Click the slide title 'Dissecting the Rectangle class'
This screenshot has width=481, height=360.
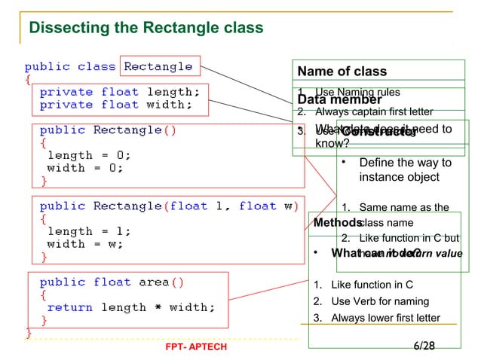click(146, 29)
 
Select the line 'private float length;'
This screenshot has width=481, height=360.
click(120, 92)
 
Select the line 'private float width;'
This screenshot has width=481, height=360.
click(116, 105)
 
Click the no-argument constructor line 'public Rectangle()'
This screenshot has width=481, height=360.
click(109, 130)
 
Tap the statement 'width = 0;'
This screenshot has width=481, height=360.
click(85, 168)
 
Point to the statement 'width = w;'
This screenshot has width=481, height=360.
click(85, 244)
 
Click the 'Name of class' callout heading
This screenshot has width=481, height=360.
click(342, 72)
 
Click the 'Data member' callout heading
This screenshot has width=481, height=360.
click(339, 99)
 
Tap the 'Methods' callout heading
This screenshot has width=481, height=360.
click(338, 223)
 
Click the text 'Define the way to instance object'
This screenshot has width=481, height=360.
click(405, 169)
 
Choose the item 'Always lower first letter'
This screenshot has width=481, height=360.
click(385, 317)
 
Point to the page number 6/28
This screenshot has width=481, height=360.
click(424, 346)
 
